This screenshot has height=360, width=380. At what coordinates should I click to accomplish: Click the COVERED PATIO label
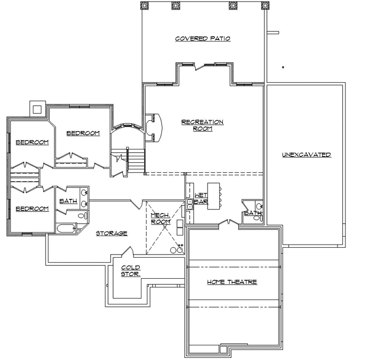[202, 39]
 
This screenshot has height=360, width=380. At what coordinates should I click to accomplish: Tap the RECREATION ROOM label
[202, 125]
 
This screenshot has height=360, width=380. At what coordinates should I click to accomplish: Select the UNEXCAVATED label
[306, 155]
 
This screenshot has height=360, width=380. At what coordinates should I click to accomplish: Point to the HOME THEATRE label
[232, 282]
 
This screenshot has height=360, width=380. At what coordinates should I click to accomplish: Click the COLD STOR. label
[131, 271]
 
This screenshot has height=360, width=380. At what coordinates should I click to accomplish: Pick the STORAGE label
[111, 233]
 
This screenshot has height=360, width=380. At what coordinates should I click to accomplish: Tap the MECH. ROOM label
[160, 218]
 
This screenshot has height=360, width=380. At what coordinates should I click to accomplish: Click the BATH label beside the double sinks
[68, 201]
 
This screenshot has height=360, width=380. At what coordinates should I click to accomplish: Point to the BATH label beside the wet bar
[253, 213]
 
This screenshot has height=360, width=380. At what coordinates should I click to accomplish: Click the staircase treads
[136, 160]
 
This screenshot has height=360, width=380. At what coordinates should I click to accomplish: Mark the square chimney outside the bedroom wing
[37, 109]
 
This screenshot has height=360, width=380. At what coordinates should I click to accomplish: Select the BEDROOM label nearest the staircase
[83, 133]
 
